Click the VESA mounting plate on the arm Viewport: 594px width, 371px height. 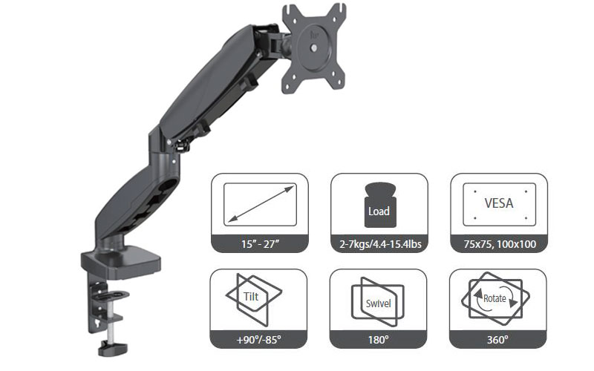coord(314,47)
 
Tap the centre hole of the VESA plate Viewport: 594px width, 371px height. coord(314,48)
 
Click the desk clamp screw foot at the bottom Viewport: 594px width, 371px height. coord(113,348)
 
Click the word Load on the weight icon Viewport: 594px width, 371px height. coord(379,211)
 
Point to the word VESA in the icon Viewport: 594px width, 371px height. coord(499,203)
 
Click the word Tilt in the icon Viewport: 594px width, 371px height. coord(251,296)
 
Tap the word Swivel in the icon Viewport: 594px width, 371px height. coord(378,303)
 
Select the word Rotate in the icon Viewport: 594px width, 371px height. coord(495,298)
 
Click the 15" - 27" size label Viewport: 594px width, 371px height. coord(260,244)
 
